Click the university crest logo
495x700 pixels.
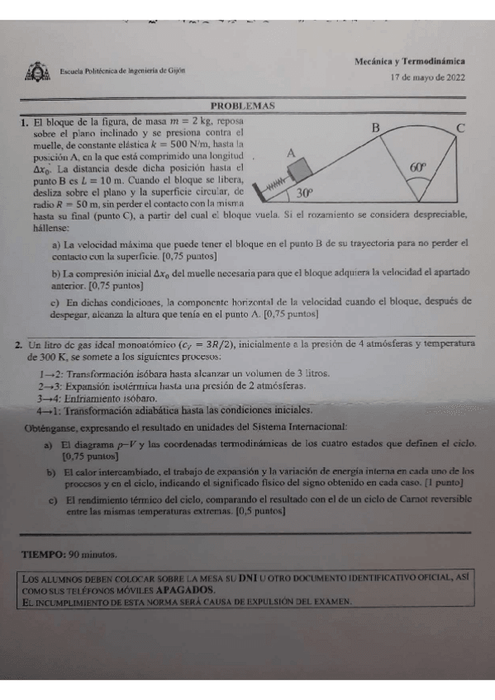coord(37,73)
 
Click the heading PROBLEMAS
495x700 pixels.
coord(243,106)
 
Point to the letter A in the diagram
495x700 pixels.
coord(290,153)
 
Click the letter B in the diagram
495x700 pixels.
coord(375,128)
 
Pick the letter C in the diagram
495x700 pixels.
coord(460,128)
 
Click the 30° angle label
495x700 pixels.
coord(305,193)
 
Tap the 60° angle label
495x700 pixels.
coord(420,166)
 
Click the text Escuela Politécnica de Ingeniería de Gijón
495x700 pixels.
coord(122,71)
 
